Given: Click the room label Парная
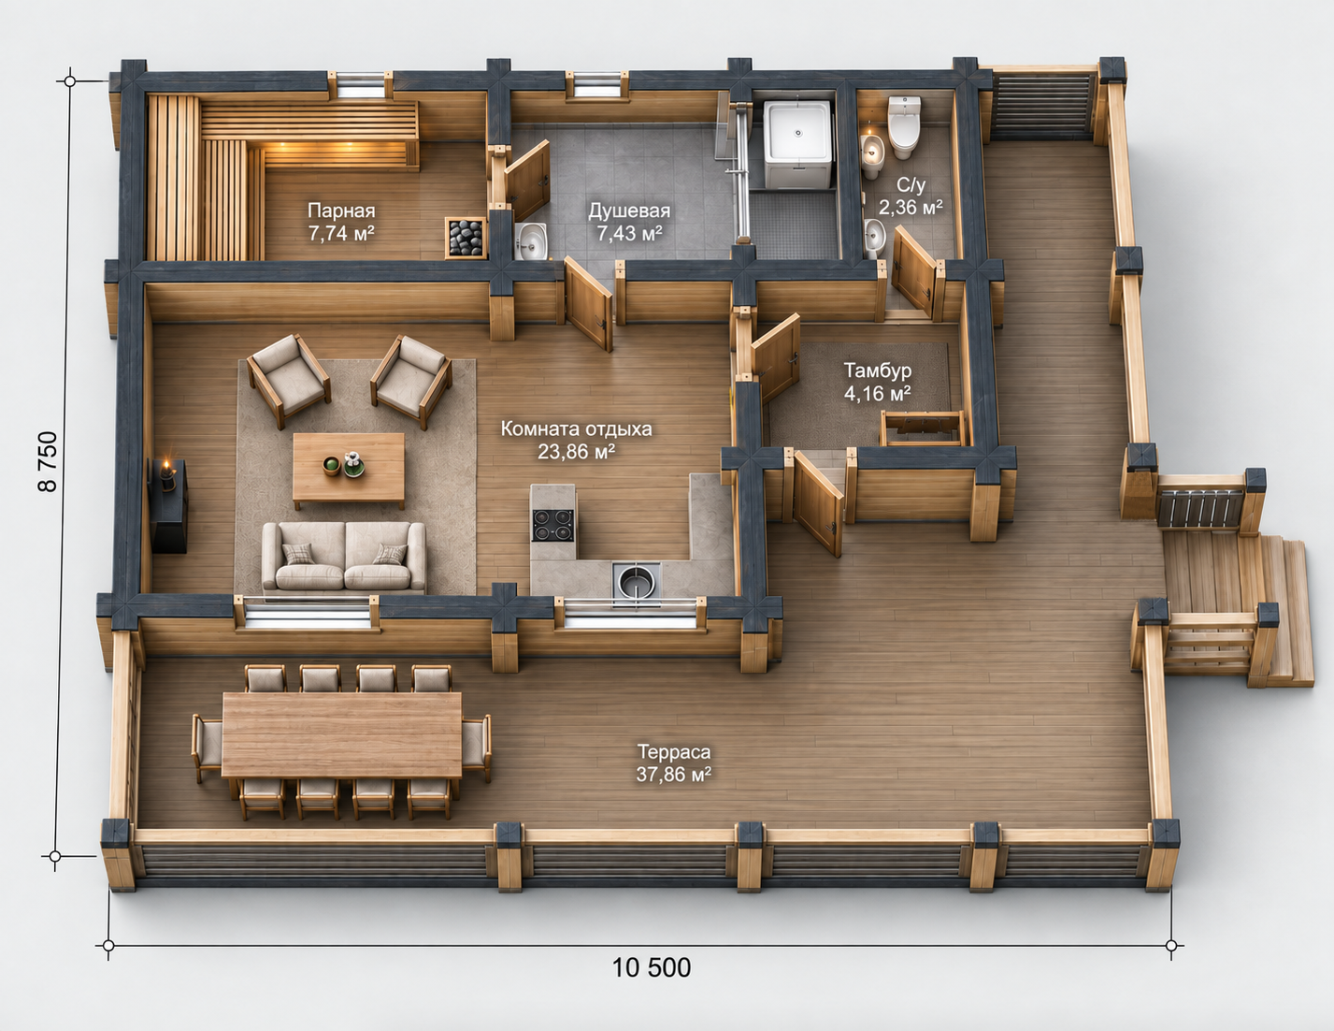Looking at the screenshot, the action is (x=340, y=211).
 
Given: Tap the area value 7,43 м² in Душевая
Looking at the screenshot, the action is (x=629, y=234).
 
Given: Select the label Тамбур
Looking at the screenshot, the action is (x=877, y=370).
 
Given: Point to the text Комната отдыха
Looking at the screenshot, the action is (x=577, y=428).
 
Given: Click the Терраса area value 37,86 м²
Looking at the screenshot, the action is (x=673, y=774).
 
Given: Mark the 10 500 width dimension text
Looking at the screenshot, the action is (x=652, y=968).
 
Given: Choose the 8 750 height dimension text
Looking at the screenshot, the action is (x=48, y=461).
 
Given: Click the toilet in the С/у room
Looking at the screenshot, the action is (x=905, y=126).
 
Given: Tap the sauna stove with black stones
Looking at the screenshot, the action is (x=466, y=237).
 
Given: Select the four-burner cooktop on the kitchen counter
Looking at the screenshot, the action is (x=553, y=526).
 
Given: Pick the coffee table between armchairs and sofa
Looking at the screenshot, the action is (x=349, y=470).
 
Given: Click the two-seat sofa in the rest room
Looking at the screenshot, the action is (x=344, y=556).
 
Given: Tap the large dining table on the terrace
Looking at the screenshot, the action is (x=342, y=734).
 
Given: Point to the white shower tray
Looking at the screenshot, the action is (x=797, y=145).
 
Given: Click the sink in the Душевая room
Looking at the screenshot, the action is (x=531, y=241).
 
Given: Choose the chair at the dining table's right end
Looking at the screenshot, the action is (x=478, y=748).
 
